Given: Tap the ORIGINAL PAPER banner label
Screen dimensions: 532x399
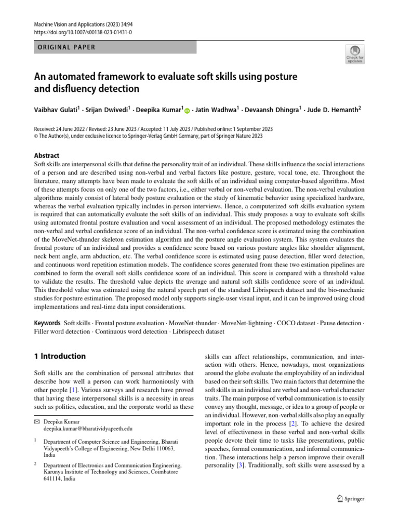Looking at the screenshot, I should tap(66, 47).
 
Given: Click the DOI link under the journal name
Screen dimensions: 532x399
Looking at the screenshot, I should tap(83, 32).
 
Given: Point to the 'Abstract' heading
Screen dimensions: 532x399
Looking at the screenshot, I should tap(46, 155).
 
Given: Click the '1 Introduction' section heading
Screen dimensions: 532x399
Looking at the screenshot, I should tap(60, 356).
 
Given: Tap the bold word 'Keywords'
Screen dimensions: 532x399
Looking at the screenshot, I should tap(47, 323).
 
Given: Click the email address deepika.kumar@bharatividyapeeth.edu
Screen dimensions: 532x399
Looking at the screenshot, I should tap(88, 429).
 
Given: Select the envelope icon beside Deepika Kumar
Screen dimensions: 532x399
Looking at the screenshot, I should tap(36, 422).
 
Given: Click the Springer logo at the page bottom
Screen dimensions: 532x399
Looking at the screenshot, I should tap(351, 499).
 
